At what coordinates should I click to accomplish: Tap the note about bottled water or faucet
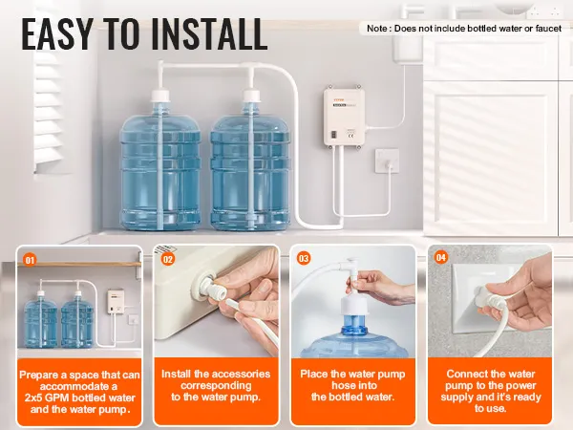(464, 29)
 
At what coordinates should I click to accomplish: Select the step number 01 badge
(30, 258)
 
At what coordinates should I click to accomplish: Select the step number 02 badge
(168, 258)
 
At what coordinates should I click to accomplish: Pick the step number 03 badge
(305, 258)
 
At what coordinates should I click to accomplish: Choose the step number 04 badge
(441, 258)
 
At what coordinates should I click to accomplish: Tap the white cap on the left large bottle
(161, 97)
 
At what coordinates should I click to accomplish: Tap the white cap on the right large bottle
(253, 97)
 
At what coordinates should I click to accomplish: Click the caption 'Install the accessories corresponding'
(216, 379)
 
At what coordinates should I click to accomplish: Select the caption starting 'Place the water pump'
(352, 379)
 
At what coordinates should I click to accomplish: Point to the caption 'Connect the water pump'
(489, 379)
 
